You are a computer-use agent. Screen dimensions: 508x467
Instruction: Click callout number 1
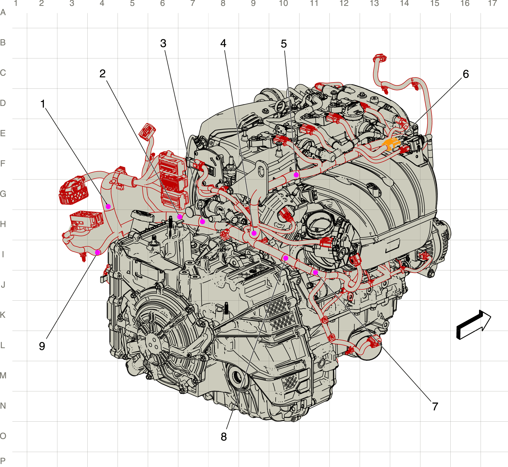(43, 104)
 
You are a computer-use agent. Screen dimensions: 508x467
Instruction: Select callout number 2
(102, 74)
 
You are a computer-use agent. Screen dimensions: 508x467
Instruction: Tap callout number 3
(163, 43)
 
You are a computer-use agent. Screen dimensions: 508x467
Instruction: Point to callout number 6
(466, 74)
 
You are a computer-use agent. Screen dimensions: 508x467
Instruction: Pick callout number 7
(435, 406)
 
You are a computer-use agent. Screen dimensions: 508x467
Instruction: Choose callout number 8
(224, 437)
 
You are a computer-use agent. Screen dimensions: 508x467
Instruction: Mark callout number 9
(42, 346)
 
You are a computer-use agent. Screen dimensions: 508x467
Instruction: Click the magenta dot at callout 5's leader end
(296, 175)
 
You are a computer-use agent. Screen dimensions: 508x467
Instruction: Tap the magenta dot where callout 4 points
(254, 233)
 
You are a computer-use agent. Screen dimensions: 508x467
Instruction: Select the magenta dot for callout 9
(98, 252)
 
